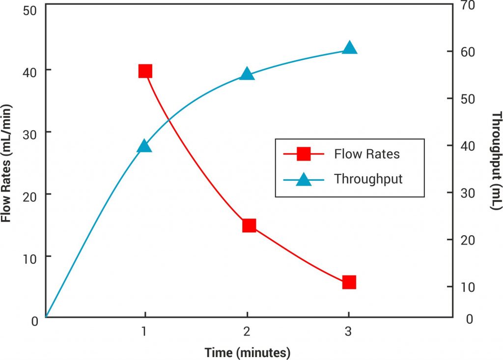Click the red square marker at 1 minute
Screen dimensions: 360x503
(145, 71)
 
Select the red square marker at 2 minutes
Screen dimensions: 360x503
(249, 225)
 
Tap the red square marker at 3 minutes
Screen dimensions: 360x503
(349, 282)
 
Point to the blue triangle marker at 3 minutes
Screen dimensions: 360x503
(349, 48)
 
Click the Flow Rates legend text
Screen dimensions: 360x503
(367, 154)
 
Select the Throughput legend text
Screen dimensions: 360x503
(368, 179)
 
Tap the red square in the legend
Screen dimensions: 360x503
(304, 154)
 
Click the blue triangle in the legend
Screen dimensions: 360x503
(304, 179)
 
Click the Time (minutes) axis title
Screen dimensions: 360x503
(248, 352)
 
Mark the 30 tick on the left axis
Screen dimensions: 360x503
(30, 133)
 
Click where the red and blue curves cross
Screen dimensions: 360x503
(169, 119)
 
